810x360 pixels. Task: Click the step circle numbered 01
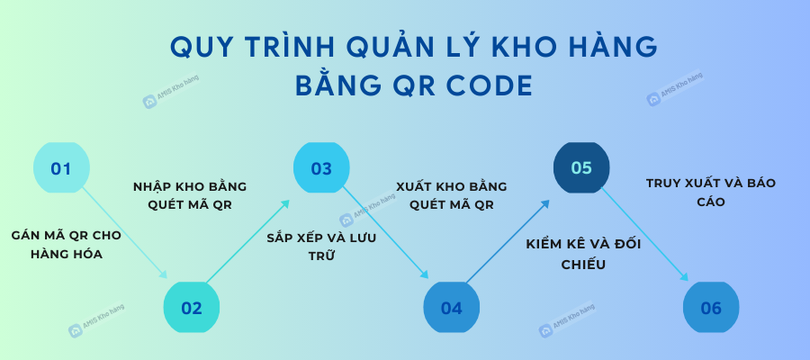[61, 168]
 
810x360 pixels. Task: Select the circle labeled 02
[192, 308]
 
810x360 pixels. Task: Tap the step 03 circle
[321, 168]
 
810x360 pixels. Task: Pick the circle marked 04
[452, 308]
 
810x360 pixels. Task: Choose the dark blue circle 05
[581, 168]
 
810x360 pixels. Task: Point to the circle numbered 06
[711, 308]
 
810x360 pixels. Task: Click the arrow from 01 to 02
[124, 233]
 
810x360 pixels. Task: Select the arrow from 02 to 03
[247, 241]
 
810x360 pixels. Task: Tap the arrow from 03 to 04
[385, 233]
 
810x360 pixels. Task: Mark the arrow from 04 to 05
[508, 241]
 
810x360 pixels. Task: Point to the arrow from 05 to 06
[645, 235]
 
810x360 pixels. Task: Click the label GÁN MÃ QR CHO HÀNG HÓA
[66, 245]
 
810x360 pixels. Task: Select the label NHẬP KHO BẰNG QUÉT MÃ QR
[190, 196]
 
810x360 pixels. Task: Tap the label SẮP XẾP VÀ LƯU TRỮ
[322, 247]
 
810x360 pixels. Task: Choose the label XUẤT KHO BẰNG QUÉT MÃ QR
[452, 196]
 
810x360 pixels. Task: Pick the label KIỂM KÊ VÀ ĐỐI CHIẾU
[583, 254]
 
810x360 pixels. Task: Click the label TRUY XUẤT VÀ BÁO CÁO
[711, 193]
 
